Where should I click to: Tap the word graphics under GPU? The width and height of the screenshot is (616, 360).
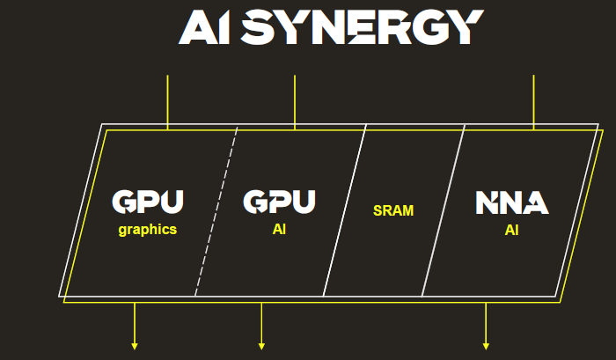[148, 230]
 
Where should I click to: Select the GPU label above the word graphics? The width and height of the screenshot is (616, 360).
[149, 202]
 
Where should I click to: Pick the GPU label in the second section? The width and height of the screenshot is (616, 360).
[279, 202]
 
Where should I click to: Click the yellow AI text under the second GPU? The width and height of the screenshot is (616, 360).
[279, 230]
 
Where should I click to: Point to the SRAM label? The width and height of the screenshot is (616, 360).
[393, 211]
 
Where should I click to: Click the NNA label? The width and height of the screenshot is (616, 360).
[512, 202]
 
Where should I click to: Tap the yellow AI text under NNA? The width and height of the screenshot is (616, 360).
[512, 230]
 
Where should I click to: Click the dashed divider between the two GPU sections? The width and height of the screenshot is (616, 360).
[216, 211]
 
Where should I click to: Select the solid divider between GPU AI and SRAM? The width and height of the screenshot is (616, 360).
[345, 211]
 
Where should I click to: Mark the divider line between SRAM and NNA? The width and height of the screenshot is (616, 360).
[444, 211]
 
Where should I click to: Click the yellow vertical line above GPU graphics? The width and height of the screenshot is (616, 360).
[167, 101]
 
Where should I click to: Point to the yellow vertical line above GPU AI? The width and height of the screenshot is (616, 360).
[294, 101]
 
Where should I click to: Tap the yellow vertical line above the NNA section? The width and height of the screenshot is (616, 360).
[533, 101]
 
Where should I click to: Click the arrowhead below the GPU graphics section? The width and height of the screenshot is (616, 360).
[135, 346]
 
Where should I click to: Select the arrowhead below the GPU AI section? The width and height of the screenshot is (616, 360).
[261, 346]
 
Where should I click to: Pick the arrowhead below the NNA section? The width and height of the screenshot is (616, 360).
[486, 346]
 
